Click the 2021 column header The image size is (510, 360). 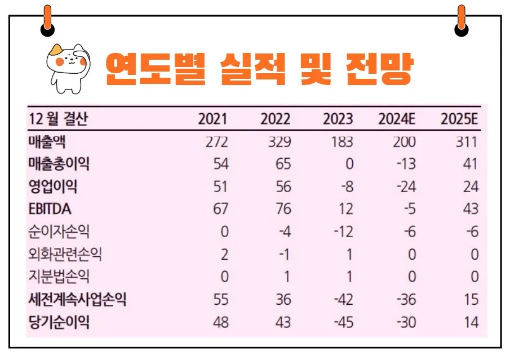click(x=213, y=119)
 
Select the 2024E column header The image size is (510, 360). click(x=397, y=119)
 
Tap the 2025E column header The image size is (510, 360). click(x=459, y=119)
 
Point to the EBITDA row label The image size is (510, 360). click(x=50, y=209)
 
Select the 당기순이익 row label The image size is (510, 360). click(x=59, y=322)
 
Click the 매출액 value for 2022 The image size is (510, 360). click(x=280, y=142)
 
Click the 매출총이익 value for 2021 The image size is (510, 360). click(x=221, y=165)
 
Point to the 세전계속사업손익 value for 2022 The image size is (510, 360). click(x=283, y=300)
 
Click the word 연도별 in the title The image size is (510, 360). click(x=154, y=69)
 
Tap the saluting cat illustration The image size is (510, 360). click(x=67, y=68)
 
